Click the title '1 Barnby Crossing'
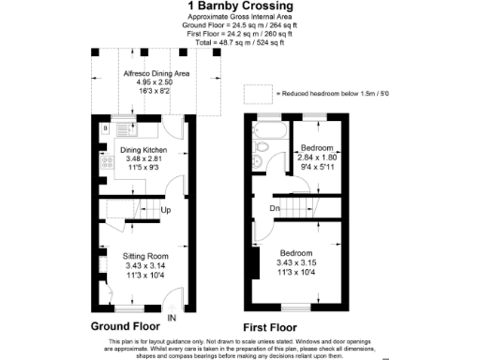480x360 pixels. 240,7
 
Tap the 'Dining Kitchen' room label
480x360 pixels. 142,150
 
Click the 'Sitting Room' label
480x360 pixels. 144,256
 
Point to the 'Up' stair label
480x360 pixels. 165,210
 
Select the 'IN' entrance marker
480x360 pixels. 171,318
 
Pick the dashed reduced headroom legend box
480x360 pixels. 255,93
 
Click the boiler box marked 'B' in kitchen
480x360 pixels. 105,127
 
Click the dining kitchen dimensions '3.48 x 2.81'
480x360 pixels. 142,159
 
